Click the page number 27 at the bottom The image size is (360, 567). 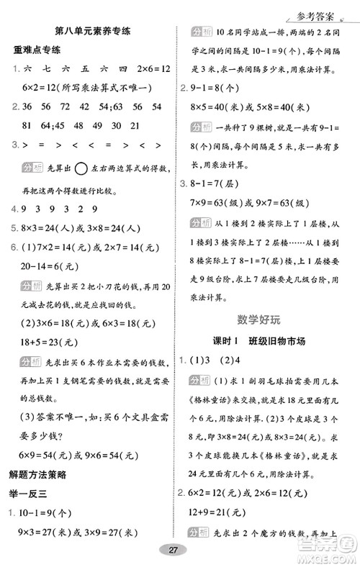(173, 550)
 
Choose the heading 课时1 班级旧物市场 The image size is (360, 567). (264, 340)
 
